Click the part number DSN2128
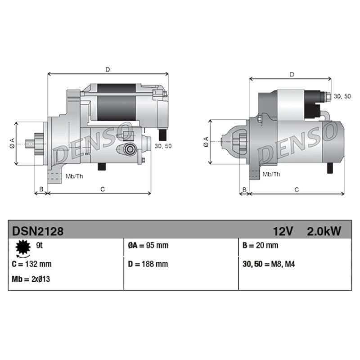[37, 231]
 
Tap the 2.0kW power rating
[324, 231]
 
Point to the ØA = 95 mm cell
[148, 246]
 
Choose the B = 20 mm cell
[260, 246]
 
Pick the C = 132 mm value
[32, 264]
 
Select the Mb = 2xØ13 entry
[31, 279]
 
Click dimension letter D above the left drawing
[108, 69]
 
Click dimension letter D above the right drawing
[292, 74]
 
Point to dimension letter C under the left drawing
[102, 189]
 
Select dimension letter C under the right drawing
[297, 190]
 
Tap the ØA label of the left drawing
[12, 143]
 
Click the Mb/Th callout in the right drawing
[271, 174]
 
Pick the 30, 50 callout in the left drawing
[162, 146]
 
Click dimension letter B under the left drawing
[41, 189]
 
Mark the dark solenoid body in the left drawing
[117, 103]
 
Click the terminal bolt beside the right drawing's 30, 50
[327, 96]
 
